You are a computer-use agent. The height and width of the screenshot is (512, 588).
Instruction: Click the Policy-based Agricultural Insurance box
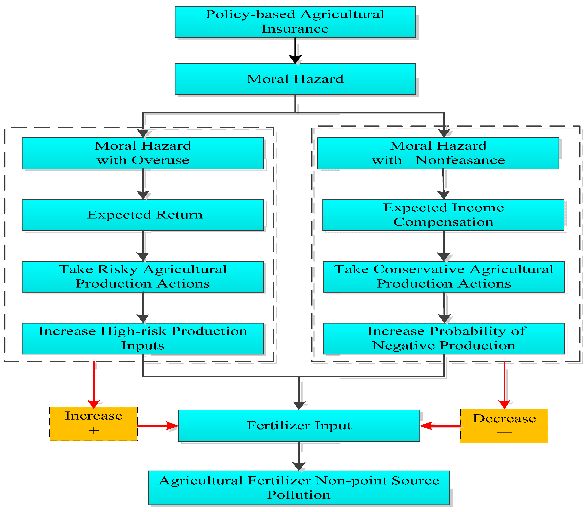point(295,22)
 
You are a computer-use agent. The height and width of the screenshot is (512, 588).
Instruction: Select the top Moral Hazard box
point(295,79)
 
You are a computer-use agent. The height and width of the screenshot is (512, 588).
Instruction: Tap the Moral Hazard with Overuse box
point(143,153)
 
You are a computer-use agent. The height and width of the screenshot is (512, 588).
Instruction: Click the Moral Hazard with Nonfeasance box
point(438,153)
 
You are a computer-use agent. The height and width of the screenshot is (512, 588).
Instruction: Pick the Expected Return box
point(143,215)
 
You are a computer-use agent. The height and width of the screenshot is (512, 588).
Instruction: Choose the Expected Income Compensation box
point(443,215)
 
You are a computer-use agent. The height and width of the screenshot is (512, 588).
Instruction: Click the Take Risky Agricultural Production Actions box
point(143,277)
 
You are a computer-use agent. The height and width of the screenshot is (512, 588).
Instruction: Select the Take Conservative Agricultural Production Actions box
point(444,277)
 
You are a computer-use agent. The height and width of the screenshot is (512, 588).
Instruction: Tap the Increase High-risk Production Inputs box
point(143,339)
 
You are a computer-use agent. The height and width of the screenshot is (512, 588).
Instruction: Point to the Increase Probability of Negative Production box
point(444,339)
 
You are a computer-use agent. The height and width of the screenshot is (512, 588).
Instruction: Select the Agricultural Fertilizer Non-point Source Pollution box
point(299,488)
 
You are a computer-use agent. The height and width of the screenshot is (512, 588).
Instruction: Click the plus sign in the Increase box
point(94,431)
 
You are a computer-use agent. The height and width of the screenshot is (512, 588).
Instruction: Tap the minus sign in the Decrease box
point(504,432)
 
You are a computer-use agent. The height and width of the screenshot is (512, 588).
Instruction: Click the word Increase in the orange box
point(94,416)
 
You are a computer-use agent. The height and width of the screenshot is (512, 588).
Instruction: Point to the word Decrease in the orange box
point(504,419)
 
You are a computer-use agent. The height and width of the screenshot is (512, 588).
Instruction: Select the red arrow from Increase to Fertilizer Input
point(157,426)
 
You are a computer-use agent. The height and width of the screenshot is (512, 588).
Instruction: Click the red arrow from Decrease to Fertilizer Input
point(440,426)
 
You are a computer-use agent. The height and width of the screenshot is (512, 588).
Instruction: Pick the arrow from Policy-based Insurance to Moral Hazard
point(295,50)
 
